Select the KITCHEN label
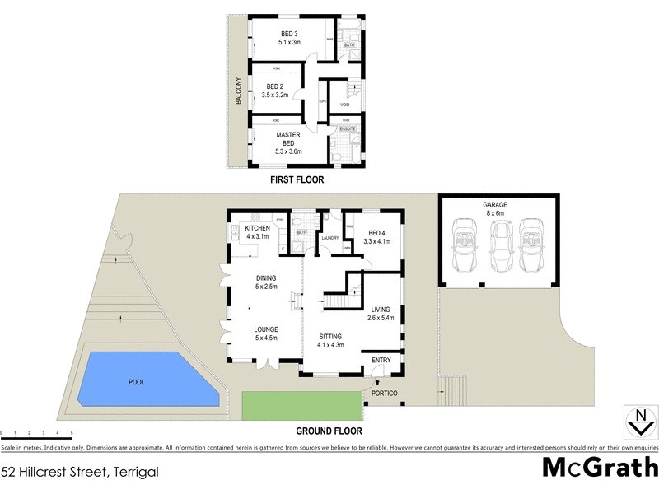pyautogui.click(x=258, y=232)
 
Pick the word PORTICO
pyautogui.click(x=385, y=394)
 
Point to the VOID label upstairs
pyautogui.click(x=345, y=105)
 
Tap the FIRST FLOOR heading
pyautogui.click(x=297, y=179)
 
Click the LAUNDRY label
pyautogui.click(x=330, y=239)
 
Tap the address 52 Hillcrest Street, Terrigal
pyautogui.click(x=79, y=473)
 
